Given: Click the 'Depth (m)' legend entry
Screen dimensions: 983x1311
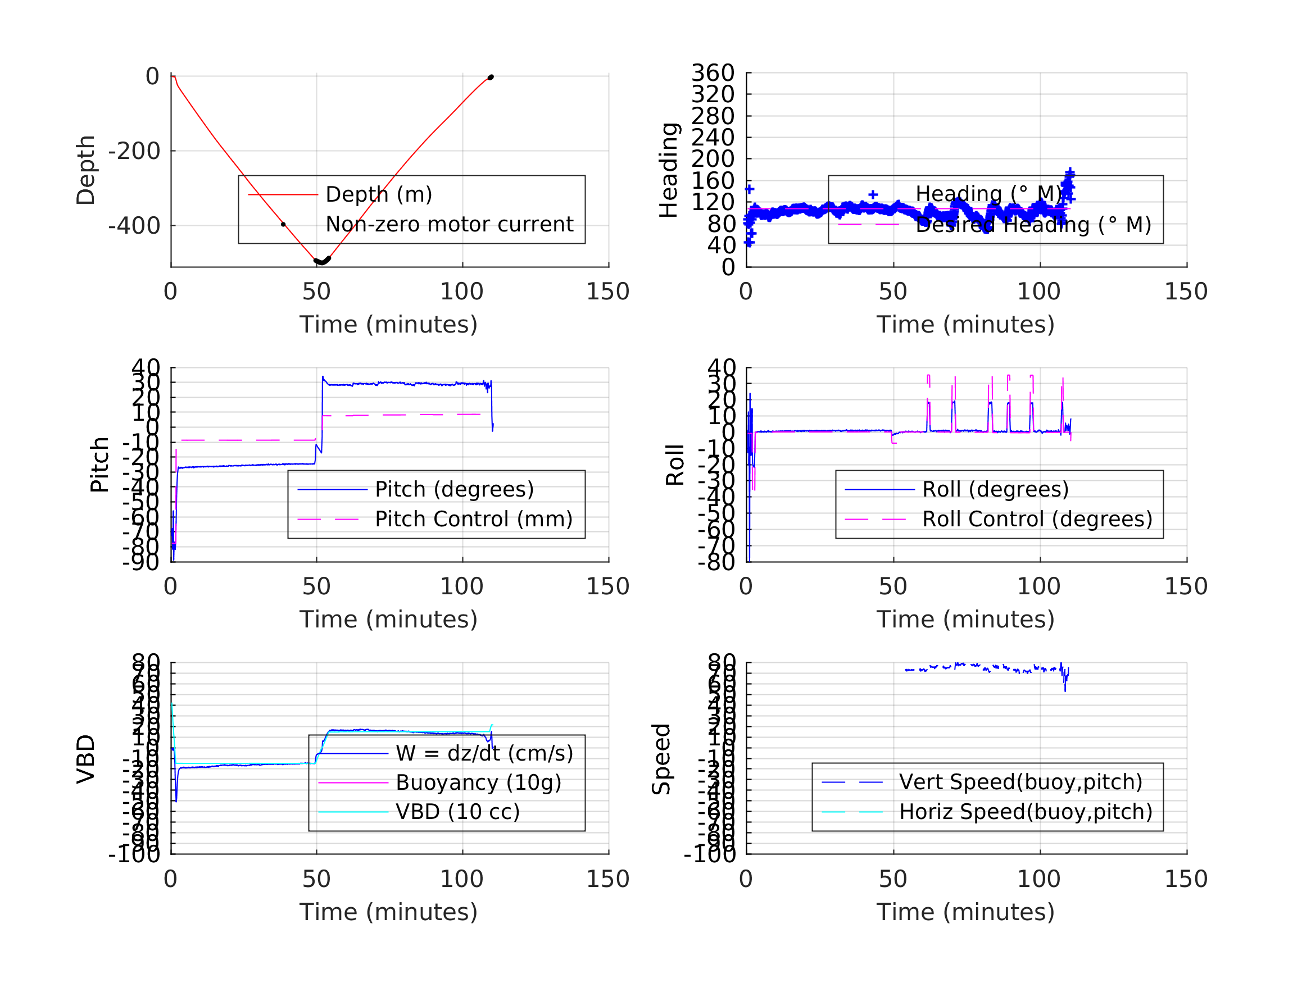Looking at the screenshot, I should tap(379, 194).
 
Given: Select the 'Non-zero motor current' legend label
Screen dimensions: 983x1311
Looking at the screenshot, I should tap(449, 225).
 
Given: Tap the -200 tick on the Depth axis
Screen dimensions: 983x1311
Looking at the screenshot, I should tap(134, 151).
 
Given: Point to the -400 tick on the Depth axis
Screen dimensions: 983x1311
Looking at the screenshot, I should tap(134, 226).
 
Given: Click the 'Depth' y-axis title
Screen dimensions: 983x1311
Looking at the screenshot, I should tap(86, 170).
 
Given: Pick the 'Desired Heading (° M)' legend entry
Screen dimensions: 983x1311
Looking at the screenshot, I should tap(1033, 225).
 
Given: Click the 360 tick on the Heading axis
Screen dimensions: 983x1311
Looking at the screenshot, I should tap(713, 73).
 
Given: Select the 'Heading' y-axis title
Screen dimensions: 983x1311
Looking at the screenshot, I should tap(669, 170).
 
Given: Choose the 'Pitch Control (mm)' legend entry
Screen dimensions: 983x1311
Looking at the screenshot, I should tap(474, 519).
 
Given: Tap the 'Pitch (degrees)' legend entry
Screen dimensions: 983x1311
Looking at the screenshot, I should tap(454, 489).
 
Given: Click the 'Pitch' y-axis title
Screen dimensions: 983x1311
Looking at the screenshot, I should tap(99, 465).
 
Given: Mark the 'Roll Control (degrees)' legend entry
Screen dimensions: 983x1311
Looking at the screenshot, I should tap(1037, 519).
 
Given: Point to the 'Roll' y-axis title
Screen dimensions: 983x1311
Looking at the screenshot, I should tap(675, 465).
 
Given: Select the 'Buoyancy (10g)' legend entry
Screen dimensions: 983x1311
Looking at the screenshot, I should tap(478, 782).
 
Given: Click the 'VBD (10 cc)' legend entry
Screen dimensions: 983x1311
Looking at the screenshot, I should tap(457, 812).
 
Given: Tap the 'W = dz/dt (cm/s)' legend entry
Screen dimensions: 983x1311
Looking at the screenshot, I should tap(484, 753).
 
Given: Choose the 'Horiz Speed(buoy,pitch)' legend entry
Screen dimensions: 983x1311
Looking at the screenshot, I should tap(1026, 812).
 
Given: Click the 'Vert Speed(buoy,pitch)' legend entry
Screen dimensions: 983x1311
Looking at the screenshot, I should tap(1020, 782).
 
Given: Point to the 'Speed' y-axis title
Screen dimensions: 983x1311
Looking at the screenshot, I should tap(661, 758).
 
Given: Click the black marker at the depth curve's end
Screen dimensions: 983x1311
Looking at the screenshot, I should tap(491, 78).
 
